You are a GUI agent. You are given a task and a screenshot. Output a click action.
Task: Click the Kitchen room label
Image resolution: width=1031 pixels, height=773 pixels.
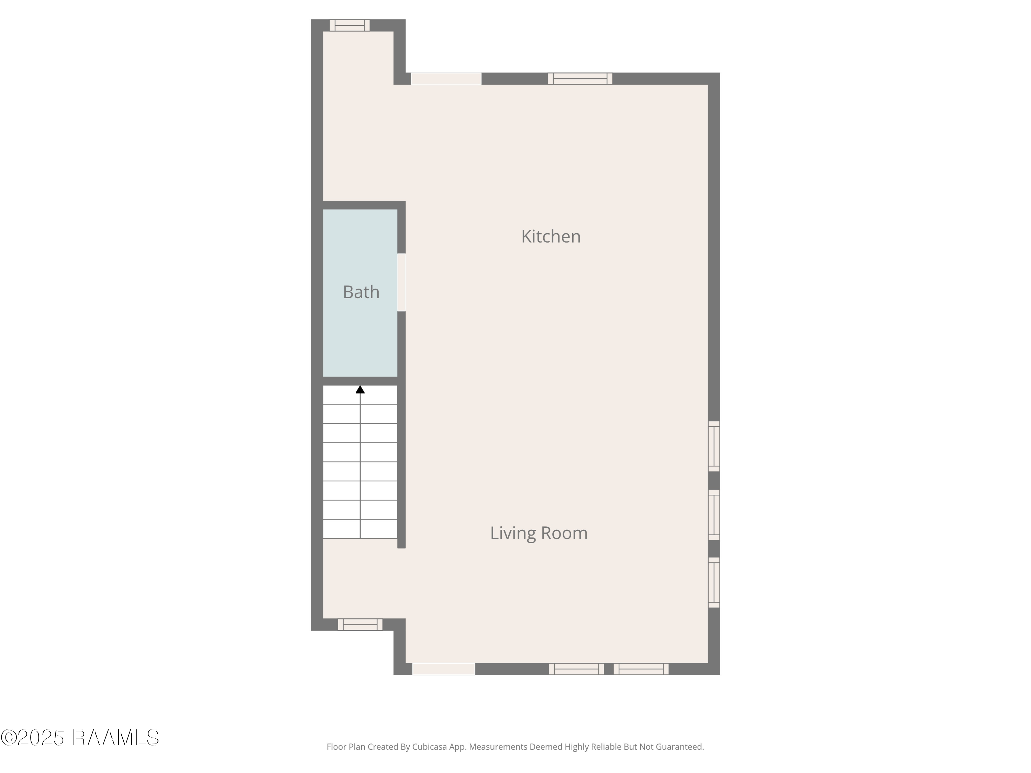click(551, 237)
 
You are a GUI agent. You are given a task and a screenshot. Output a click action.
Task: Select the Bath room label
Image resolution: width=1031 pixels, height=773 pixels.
click(361, 292)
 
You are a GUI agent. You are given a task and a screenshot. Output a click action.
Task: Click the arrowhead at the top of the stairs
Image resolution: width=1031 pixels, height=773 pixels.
click(360, 390)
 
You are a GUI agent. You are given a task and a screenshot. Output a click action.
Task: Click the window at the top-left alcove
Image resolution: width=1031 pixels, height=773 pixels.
click(350, 25)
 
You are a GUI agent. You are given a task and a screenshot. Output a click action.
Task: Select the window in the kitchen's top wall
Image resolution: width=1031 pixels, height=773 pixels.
click(580, 78)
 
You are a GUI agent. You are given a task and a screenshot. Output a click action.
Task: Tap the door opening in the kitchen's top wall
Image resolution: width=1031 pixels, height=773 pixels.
click(446, 78)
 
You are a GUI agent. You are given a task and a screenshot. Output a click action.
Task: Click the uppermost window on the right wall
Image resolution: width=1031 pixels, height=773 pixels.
click(713, 446)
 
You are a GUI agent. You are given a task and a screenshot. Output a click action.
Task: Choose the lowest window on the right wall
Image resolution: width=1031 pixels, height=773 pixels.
click(713, 582)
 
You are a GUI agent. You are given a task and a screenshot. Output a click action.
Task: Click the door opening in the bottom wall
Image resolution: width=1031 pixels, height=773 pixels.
click(443, 669)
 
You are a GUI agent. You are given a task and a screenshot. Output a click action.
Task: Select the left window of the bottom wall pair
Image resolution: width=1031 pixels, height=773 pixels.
click(576, 669)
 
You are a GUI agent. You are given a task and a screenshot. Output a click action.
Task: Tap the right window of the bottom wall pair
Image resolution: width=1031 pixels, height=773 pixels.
click(641, 669)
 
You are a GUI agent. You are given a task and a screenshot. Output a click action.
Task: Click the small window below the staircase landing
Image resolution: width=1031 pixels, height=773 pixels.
click(360, 624)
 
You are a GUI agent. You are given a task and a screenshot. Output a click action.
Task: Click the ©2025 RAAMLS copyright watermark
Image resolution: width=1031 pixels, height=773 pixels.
click(80, 738)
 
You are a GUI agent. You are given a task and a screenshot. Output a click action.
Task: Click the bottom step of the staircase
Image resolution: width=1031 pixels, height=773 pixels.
click(360, 529)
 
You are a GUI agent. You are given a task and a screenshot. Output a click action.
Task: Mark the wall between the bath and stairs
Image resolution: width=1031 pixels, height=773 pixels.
click(360, 381)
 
